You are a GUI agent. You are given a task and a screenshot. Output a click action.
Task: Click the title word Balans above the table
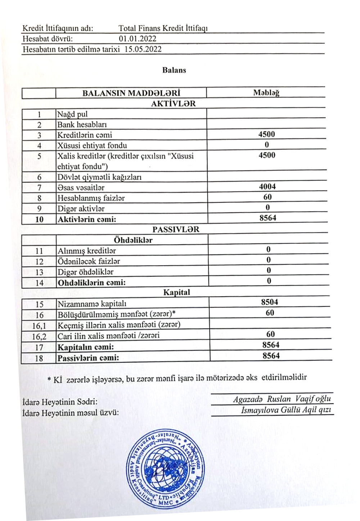174,70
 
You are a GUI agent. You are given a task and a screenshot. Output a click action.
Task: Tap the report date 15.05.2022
143,49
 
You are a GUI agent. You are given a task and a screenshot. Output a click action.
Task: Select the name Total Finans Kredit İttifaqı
163,28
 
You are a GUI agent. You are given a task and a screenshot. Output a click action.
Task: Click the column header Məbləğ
266,93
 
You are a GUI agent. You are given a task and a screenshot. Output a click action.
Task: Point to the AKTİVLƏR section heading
173,104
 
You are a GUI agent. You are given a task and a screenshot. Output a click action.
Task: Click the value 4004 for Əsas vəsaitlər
267,187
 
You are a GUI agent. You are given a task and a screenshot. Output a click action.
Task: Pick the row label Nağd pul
72,114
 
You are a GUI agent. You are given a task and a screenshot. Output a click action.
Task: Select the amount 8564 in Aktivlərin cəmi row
268,218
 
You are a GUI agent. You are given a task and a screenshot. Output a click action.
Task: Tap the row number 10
39,219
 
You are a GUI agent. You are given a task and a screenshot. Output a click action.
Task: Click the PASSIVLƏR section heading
175,229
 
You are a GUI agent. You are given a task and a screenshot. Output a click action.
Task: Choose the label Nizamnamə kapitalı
92,304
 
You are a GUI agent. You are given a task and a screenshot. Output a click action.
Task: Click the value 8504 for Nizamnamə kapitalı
270,302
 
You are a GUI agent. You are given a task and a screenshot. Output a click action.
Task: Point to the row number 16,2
39,337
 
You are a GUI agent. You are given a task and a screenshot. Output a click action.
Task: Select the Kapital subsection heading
176,292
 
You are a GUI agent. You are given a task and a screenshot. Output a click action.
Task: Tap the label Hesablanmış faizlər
91,198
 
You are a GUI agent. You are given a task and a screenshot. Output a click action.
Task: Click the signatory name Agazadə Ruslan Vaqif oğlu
282,399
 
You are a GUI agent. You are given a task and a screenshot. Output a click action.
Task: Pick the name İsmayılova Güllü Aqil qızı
286,410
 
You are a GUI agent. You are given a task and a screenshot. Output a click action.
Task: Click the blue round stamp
165,468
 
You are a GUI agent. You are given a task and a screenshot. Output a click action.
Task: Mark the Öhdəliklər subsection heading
133,240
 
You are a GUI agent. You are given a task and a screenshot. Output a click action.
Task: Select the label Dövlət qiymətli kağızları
99,177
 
